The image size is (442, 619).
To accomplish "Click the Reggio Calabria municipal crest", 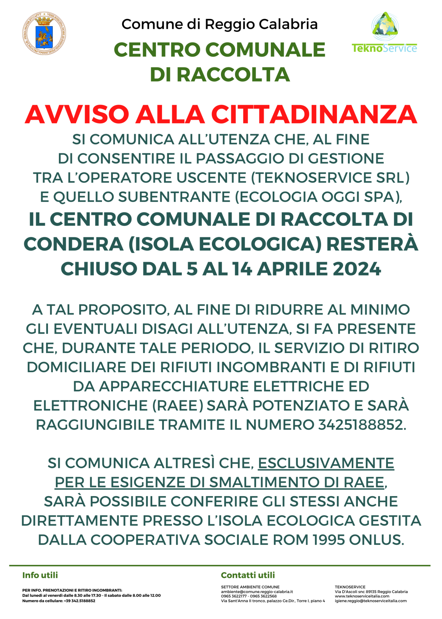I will tap(44, 33).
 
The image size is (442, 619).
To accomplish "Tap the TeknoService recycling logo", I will tap(385, 32).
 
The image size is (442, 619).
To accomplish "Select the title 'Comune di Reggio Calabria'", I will tap(219, 24).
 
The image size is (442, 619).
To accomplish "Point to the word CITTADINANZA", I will tap(314, 114).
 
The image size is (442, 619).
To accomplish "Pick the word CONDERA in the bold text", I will tap(73, 244).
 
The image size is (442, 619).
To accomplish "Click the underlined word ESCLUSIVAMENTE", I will tap(326, 463).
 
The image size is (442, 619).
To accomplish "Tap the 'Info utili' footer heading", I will tap(40, 575).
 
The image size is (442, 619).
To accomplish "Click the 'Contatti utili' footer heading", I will tap(248, 575).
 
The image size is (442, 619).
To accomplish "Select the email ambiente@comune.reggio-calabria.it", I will tap(257, 592).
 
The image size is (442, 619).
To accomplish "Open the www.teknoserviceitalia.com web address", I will tap(362, 596).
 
